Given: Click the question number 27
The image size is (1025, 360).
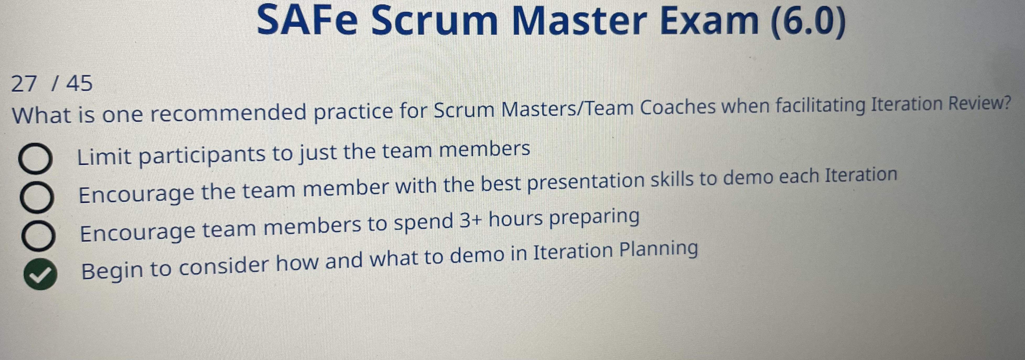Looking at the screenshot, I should pos(24,84).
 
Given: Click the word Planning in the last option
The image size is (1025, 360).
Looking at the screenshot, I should pos(659,249).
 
